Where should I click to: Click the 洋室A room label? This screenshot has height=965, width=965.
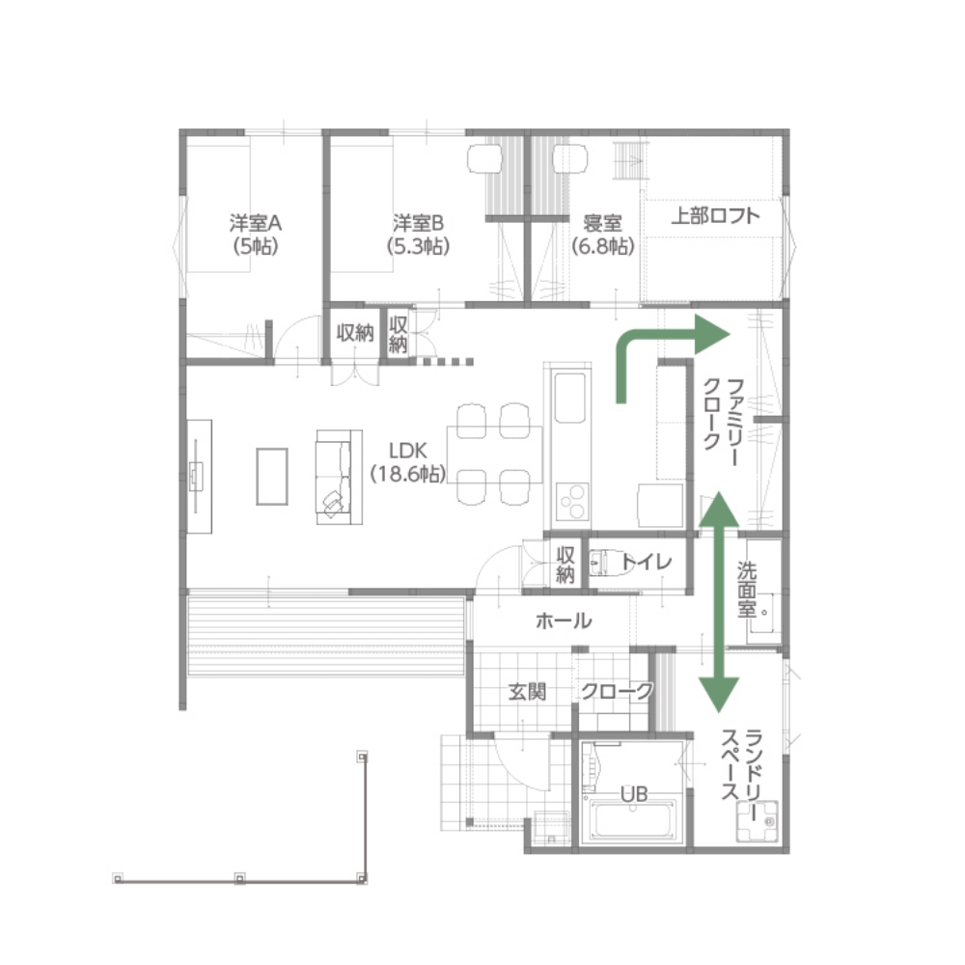[256, 234]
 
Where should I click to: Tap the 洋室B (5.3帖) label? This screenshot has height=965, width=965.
[419, 234]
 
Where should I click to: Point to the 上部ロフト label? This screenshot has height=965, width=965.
[715, 216]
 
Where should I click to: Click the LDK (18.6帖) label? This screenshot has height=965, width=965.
[407, 462]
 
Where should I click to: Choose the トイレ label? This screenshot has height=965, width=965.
[647, 562]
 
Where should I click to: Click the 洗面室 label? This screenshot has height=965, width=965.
[747, 590]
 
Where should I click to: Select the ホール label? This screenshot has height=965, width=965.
[564, 620]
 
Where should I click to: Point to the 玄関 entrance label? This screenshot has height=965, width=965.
[528, 692]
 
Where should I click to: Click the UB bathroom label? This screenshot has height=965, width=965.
[634, 794]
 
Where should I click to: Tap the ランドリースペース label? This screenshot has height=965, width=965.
[741, 765]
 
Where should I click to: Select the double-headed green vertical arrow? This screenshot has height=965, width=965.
[718, 602]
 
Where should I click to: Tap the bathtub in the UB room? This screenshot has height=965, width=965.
[633, 819]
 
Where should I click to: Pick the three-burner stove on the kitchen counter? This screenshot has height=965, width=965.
[572, 502]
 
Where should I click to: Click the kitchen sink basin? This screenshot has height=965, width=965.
[570, 398]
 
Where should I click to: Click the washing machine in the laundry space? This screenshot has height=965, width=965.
[758, 821]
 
